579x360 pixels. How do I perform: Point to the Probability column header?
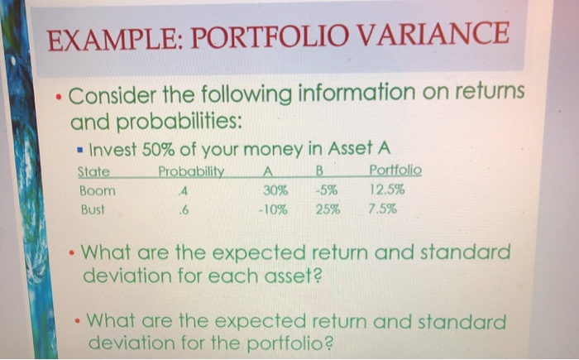coord(192,171)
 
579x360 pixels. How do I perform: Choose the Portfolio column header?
coord(395,170)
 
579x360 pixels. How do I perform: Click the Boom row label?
coord(97,190)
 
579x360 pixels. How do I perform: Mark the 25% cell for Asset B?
coord(328,209)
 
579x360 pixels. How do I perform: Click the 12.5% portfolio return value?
coord(384,190)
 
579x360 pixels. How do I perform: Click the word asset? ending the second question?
coord(276,275)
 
